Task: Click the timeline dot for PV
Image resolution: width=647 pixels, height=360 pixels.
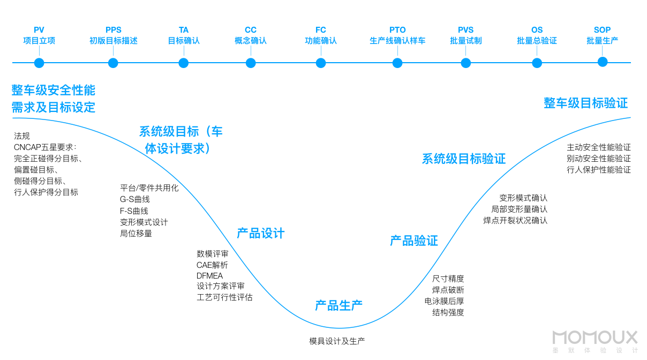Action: tap(39, 63)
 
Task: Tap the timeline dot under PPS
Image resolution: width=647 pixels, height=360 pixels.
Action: tap(113, 63)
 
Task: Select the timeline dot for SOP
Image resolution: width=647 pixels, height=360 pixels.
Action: tap(603, 62)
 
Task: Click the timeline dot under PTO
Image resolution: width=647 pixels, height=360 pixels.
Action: tap(397, 63)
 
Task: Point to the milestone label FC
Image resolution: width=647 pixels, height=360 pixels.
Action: tap(321, 30)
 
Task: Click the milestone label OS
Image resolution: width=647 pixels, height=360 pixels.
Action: tap(537, 30)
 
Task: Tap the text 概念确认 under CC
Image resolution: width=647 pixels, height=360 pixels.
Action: tap(251, 41)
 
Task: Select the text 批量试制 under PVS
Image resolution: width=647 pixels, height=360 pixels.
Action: tap(465, 41)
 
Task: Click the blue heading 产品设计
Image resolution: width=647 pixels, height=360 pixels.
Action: tap(261, 233)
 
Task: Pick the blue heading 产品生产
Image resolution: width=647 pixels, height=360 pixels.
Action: tap(338, 305)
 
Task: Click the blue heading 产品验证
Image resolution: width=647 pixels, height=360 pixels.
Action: tap(414, 241)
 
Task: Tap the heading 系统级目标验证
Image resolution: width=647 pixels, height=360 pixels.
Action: tap(464, 159)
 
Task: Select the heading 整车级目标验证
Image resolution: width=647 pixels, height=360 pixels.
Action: tap(585, 103)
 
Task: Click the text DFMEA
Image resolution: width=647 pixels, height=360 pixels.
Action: tap(209, 276)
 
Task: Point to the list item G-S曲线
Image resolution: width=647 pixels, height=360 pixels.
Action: tap(134, 199)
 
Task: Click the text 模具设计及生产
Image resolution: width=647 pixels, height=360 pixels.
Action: tap(337, 341)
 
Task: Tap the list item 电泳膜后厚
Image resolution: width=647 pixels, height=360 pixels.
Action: tap(444, 301)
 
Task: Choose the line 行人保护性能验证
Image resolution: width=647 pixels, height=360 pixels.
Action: tap(599, 170)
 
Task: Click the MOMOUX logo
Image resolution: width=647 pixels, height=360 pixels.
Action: tap(595, 337)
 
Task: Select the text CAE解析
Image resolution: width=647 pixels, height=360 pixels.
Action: tap(212, 265)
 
